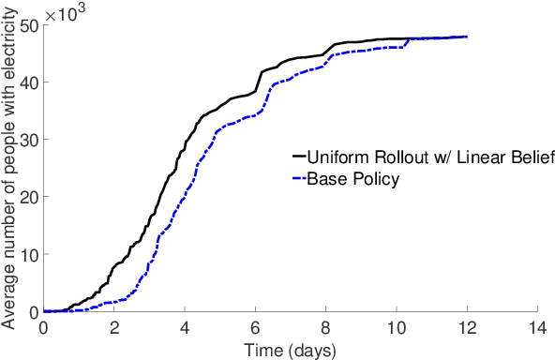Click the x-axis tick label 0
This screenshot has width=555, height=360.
click(44, 329)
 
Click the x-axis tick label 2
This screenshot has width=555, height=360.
click(114, 329)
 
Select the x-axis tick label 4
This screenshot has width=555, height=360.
click(185, 329)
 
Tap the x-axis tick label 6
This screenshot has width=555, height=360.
click(255, 329)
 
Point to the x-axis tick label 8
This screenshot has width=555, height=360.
click(326, 329)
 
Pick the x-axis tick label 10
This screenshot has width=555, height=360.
click(397, 329)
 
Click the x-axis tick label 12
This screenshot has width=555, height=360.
click(467, 329)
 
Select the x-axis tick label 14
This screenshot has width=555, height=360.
click(537, 329)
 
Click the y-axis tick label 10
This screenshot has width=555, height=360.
click(28, 255)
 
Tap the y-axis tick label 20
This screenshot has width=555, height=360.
click(28, 197)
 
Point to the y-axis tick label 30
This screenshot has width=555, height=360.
click(28, 140)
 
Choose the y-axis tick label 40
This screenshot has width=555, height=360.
click(28, 82)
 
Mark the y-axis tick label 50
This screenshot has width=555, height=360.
click(28, 24)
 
